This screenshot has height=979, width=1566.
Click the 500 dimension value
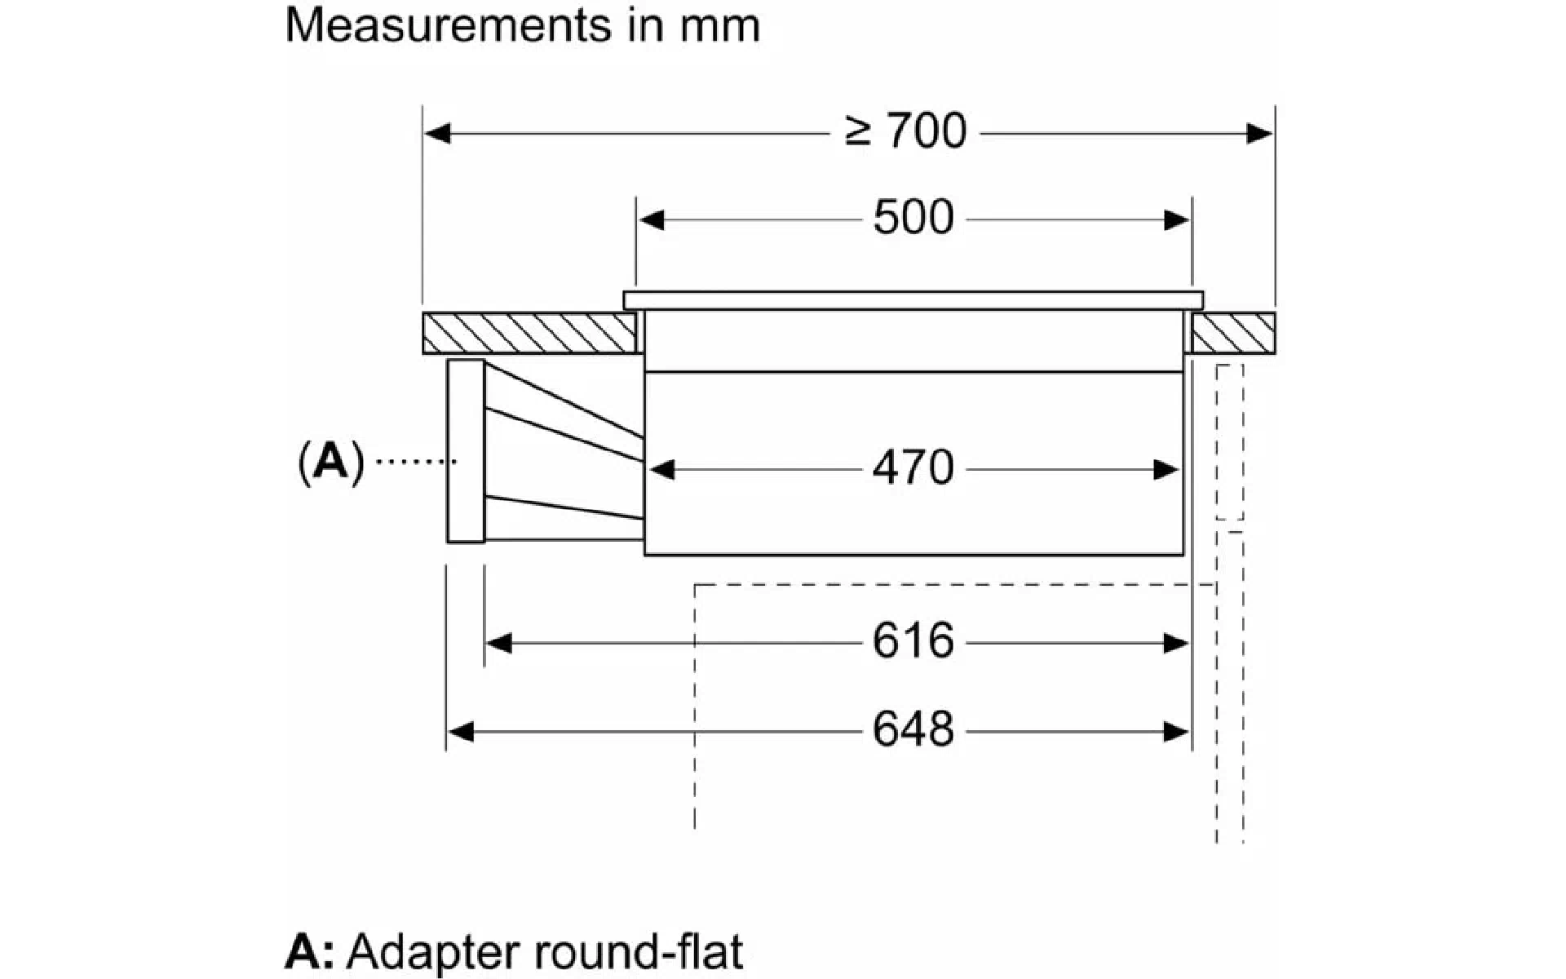pyautogui.click(x=913, y=218)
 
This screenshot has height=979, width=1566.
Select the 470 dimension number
pyautogui.click(x=913, y=468)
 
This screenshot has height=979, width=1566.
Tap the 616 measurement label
pyautogui.click(x=913, y=641)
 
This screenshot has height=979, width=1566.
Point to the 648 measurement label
pyautogui.click(x=913, y=729)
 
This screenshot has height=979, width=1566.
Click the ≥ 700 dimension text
pyautogui.click(x=905, y=131)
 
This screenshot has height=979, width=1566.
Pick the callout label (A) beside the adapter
pyautogui.click(x=331, y=463)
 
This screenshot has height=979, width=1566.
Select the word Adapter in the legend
pyautogui.click(x=432, y=952)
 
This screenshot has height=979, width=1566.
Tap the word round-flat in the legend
pyautogui.click(x=638, y=951)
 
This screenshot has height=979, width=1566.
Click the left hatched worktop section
pyautogui.click(x=529, y=333)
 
